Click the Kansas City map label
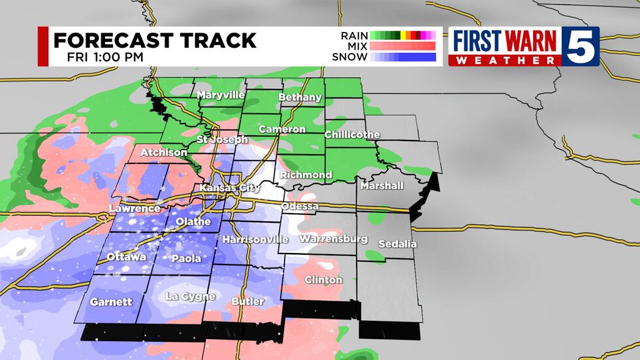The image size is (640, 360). click(230, 188)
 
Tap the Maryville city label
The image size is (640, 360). click(221, 95)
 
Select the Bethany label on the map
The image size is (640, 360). click(300, 97)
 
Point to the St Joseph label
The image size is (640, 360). click(223, 140)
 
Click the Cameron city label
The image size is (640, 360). click(282, 129)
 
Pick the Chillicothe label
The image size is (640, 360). click(352, 135)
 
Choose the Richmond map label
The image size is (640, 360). click(306, 175)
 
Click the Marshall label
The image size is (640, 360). click(382, 186)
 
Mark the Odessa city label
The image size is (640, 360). click(300, 206)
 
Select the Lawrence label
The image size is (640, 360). click(135, 208)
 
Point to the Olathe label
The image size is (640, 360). click(193, 221)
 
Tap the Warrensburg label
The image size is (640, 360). click(334, 239)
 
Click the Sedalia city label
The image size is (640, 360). click(396, 244)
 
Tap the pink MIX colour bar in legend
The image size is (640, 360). click(402, 46)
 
